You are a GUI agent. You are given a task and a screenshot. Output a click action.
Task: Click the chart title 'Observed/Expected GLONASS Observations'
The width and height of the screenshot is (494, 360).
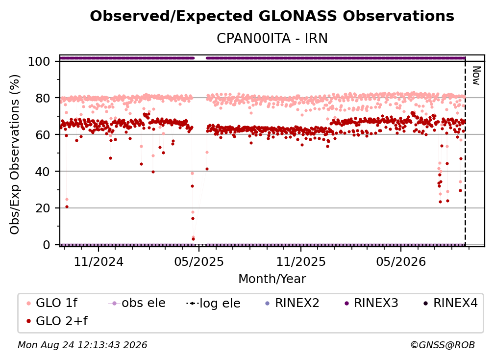click(272, 16)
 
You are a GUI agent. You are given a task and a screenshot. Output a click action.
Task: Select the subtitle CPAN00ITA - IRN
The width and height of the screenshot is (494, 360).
click(272, 38)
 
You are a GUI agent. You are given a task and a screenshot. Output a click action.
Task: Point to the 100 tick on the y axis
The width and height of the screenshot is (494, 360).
click(39, 61)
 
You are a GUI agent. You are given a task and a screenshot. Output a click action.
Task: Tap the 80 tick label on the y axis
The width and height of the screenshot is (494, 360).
click(43, 98)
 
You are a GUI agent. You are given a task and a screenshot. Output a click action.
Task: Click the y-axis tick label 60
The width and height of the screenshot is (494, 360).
click(43, 134)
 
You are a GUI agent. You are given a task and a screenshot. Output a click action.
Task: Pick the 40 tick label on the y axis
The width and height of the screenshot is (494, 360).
click(43, 172)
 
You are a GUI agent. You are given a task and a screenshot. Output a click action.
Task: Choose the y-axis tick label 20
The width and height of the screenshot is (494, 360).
click(43, 208)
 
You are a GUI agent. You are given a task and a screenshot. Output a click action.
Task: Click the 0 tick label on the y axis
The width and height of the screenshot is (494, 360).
click(46, 245)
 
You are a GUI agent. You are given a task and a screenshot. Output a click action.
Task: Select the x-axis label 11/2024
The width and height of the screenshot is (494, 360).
click(99, 261)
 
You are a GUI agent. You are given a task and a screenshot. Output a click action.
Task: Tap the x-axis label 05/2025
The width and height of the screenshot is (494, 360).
click(199, 261)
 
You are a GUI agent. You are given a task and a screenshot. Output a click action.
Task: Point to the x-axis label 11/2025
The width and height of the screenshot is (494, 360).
click(301, 261)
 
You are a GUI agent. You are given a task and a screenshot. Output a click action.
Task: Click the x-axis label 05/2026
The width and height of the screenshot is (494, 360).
click(401, 261)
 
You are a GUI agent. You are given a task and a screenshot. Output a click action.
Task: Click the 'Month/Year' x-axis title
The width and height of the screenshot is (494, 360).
click(272, 279)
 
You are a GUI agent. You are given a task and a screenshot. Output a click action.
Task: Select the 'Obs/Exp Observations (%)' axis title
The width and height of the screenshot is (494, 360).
click(15, 154)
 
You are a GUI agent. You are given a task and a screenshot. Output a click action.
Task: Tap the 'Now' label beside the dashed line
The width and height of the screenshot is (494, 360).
click(476, 76)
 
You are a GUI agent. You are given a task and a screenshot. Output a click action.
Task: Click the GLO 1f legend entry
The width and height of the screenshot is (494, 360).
click(52, 303)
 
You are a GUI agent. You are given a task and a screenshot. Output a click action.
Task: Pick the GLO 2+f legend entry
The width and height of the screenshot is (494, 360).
click(57, 321)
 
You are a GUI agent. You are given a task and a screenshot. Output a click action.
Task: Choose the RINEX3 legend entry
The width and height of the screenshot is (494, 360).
click(371, 303)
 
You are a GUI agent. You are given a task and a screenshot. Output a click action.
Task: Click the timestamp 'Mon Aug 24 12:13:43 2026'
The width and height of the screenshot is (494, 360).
click(82, 345)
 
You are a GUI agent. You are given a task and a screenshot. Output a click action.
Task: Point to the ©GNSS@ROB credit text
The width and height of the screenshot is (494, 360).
click(443, 345)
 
